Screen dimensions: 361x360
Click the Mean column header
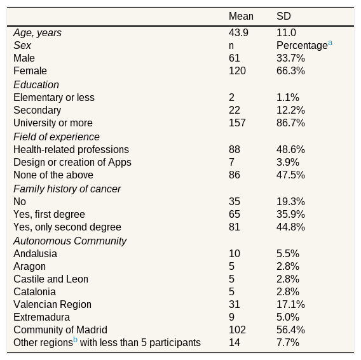[x=241, y=17]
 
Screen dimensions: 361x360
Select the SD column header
[x=283, y=17]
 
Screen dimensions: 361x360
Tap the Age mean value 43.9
[x=238, y=32]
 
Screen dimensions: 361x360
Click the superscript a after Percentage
[x=330, y=43]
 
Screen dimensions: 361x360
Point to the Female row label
[x=30, y=71]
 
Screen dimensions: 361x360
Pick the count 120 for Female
[x=237, y=71]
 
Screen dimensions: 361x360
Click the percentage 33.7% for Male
[x=290, y=58]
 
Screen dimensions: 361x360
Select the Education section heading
[x=36, y=84]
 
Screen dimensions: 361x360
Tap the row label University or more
[x=53, y=123]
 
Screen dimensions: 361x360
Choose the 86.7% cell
[x=290, y=123]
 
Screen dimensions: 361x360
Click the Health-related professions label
[x=71, y=149]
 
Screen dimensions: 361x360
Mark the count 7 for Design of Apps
[x=231, y=162]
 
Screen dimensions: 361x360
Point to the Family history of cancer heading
[x=67, y=189]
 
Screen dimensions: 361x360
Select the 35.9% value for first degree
[x=290, y=215]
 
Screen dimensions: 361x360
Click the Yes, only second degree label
[x=67, y=227]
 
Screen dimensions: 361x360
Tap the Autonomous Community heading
[x=70, y=241]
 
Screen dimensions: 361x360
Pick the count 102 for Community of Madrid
[x=237, y=330]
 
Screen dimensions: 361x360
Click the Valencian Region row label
[x=53, y=305]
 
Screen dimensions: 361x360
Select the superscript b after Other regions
[x=75, y=340]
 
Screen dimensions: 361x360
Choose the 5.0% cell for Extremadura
[x=288, y=317]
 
